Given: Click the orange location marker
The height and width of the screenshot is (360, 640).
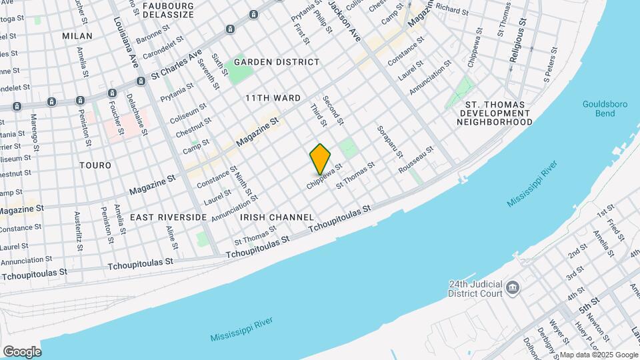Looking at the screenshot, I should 320,159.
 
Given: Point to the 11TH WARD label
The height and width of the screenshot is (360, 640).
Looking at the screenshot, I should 273,98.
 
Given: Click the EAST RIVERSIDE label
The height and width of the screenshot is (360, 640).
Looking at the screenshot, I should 168,217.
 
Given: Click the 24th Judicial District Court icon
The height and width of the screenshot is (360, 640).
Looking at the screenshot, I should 512,288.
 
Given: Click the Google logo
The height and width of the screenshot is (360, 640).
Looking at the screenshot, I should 22,352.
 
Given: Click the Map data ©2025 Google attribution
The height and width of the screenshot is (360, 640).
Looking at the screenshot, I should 599,355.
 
